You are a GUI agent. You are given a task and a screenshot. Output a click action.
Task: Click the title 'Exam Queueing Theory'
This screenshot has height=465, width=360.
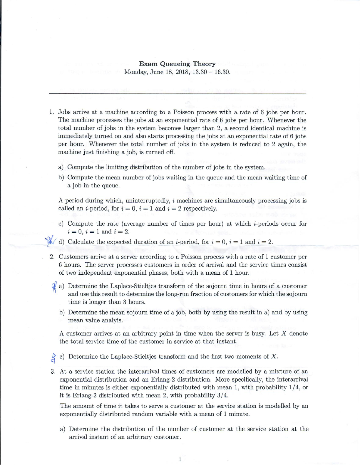point(177,64)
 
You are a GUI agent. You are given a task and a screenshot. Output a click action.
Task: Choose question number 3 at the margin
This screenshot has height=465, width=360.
point(53,372)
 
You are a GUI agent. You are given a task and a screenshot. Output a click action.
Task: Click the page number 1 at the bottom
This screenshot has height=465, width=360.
point(180,459)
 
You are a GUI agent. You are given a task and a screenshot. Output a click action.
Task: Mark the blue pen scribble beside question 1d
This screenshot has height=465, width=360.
point(51,241)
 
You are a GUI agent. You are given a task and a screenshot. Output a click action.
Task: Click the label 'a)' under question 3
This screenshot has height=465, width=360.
point(63,429)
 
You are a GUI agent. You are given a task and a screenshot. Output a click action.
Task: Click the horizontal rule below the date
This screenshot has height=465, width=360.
point(178,93)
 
